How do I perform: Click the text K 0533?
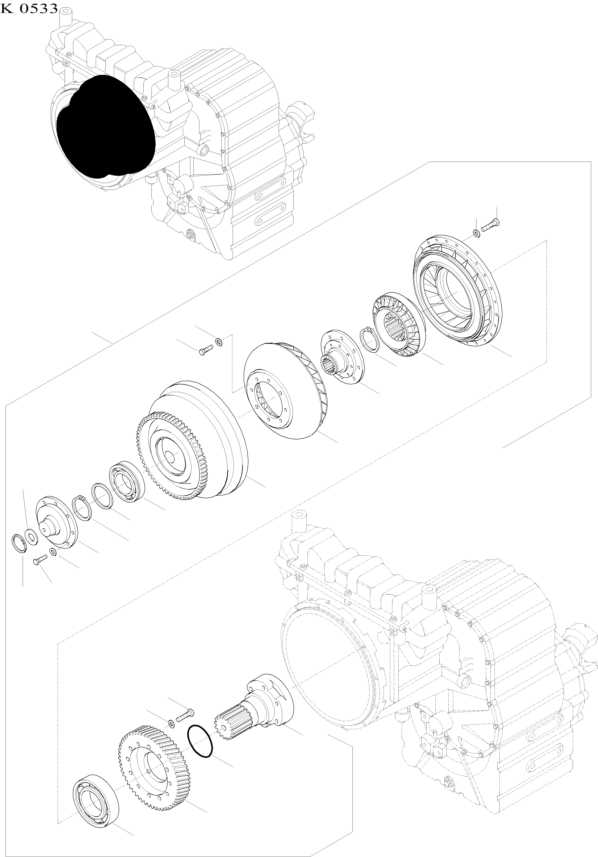coord(29,8)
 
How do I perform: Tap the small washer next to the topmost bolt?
coord(476,233)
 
